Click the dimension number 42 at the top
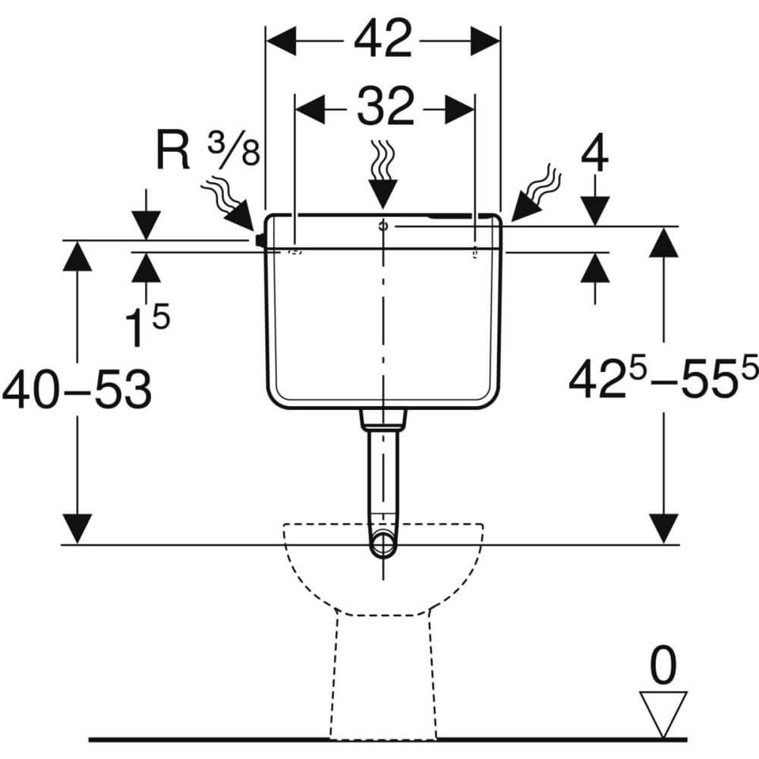[383, 39]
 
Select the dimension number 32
[386, 107]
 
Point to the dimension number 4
[594, 154]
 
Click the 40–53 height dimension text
[77, 390]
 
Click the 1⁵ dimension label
[147, 326]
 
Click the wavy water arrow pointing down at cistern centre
[383, 175]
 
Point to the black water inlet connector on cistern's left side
[260, 240]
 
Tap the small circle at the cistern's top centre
[383, 225]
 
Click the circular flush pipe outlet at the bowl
[383, 545]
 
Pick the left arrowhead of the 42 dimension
[282, 41]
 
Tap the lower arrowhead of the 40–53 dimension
[77, 528]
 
